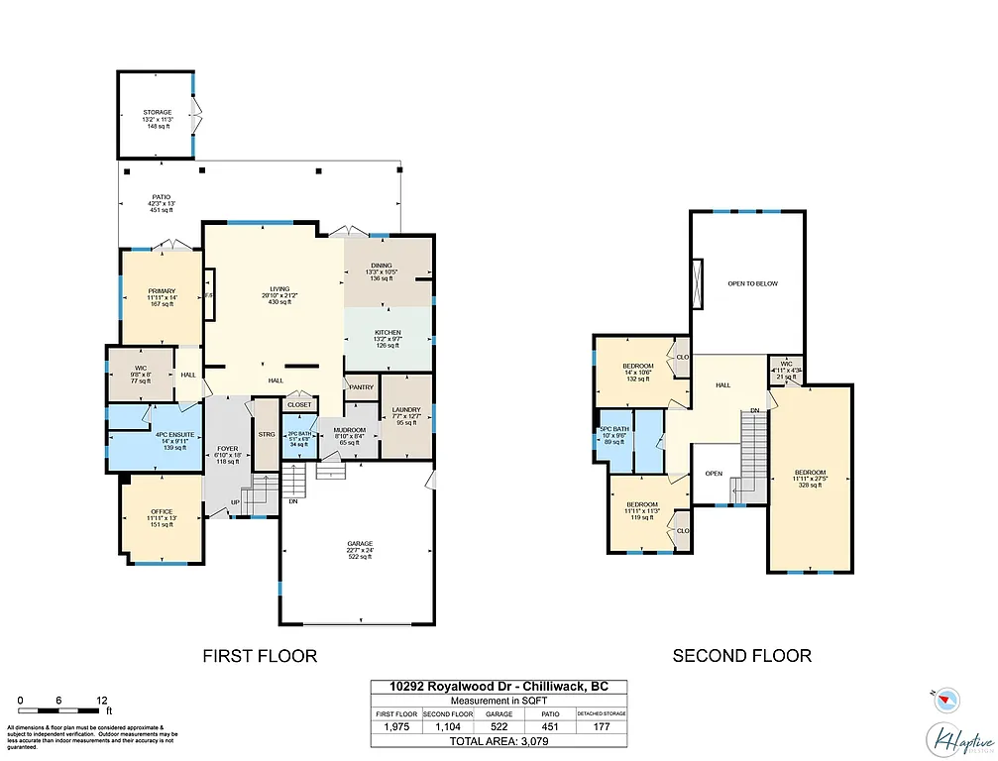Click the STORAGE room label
click(x=157, y=113)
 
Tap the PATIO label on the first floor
click(x=161, y=197)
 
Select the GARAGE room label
click(x=359, y=544)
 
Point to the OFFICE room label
click(x=161, y=511)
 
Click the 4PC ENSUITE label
click(x=161, y=435)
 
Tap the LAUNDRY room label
click(x=405, y=410)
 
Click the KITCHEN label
click(x=387, y=332)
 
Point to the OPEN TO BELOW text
click(x=752, y=283)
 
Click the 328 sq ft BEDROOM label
click(x=810, y=472)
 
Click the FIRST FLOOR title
click(x=260, y=655)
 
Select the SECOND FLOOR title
click(x=741, y=655)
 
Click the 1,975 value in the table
click(x=395, y=727)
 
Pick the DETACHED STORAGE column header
click(x=602, y=713)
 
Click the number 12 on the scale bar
click(x=102, y=701)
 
